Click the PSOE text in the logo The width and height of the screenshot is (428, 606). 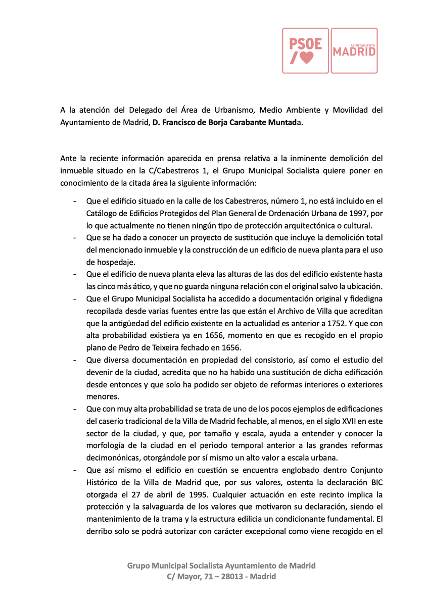click(305, 44)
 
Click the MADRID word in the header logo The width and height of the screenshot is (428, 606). click(354, 53)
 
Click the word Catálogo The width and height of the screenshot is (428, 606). click(102, 214)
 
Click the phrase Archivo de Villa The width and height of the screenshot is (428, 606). click(290, 311)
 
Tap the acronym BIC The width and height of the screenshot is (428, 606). click(375, 482)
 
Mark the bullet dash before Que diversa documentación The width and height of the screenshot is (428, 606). click(75, 360)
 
